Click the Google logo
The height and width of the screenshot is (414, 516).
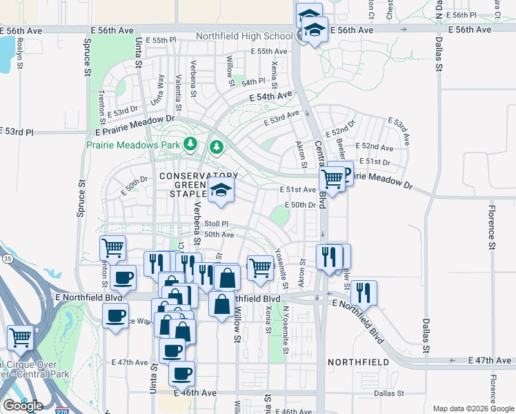[x=23, y=405]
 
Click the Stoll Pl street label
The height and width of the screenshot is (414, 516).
[x=216, y=224]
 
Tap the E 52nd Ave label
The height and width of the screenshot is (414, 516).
[x=377, y=147]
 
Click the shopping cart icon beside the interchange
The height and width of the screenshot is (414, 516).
[x=21, y=337]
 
